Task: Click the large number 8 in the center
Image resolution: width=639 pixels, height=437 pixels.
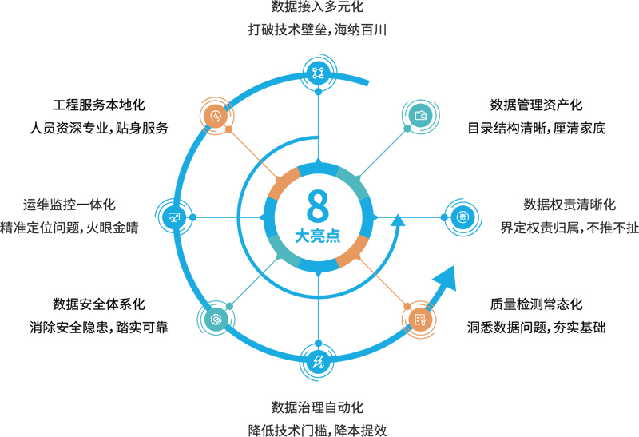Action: point(318,205)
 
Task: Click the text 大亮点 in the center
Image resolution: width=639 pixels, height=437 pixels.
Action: point(318,237)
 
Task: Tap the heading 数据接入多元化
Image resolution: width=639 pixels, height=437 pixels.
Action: point(318,9)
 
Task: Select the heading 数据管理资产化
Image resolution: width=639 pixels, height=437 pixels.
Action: point(537,105)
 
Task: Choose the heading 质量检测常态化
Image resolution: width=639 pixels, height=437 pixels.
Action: point(537,304)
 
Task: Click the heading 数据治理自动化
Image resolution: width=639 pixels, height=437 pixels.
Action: point(318,407)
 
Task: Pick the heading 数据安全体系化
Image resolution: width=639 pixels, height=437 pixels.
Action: point(99,304)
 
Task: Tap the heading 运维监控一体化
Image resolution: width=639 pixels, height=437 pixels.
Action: point(70,205)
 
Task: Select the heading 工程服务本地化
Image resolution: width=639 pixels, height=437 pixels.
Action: point(99,105)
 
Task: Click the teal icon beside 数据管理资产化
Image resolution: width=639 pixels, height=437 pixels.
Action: point(421,116)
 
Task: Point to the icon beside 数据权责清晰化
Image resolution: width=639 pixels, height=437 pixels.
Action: point(462,217)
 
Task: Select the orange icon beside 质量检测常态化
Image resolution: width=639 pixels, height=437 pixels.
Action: point(421,319)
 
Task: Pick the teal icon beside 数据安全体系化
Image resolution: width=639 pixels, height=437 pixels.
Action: point(215,319)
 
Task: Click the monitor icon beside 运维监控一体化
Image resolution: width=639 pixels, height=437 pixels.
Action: point(174,217)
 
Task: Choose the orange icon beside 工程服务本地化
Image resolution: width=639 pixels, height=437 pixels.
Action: point(215,116)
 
